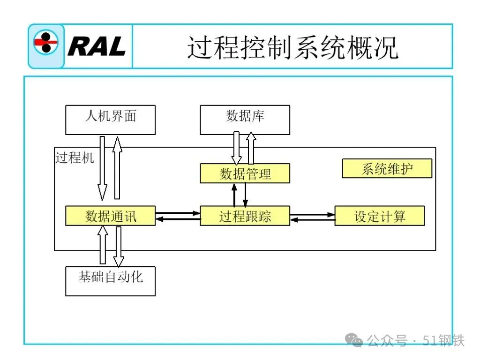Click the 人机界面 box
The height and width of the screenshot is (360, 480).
110,120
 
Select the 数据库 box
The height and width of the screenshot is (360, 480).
245,120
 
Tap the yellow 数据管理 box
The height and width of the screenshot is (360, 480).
245,173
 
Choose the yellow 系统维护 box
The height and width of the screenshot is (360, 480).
387,169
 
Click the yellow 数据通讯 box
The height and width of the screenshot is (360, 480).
110,216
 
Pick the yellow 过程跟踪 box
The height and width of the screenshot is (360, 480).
245,216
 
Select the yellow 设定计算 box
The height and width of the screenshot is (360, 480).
379,216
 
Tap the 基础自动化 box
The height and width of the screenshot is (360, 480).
110,281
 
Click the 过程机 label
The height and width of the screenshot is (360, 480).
75,157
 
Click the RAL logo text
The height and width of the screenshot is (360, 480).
97,46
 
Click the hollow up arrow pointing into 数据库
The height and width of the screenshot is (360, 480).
251,148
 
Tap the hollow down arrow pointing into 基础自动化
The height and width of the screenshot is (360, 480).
119,247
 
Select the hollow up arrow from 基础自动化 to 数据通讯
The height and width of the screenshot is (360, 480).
103,244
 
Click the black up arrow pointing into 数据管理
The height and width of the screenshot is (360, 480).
234,194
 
